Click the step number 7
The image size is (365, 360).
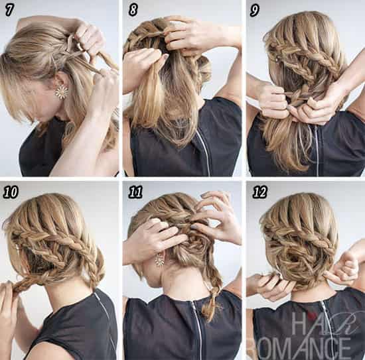[x=9, y=10]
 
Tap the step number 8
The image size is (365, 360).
[x=133, y=10]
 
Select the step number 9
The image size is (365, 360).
[x=254, y=11]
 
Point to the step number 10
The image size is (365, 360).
[x=11, y=192]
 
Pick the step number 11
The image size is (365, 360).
[x=135, y=192]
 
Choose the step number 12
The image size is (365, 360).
[x=259, y=192]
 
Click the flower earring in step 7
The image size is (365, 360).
[x=62, y=91]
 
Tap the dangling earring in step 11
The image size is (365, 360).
[x=160, y=259]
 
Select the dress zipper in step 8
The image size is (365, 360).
[x=203, y=151]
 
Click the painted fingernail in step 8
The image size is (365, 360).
[x=165, y=56]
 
